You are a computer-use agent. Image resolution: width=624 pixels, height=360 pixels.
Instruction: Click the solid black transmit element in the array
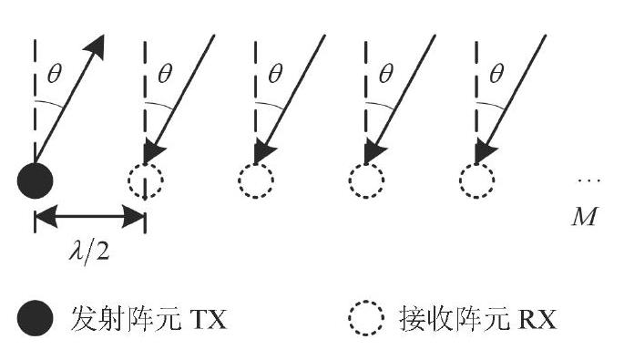pyautogui.click(x=35, y=180)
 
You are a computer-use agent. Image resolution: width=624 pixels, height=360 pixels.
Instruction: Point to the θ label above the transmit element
pyautogui.click(x=55, y=74)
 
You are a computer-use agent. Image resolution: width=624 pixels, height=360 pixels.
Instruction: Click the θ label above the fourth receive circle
pyautogui.click(x=496, y=74)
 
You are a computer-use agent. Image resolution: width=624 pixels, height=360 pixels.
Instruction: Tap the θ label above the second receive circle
pyautogui.click(x=275, y=74)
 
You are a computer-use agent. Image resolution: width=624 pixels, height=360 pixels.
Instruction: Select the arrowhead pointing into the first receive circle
pyautogui.click(x=153, y=151)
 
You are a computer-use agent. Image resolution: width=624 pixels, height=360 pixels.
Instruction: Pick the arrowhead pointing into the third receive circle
pyautogui.click(x=374, y=151)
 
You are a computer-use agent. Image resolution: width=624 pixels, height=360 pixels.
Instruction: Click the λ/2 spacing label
pyautogui.click(x=89, y=252)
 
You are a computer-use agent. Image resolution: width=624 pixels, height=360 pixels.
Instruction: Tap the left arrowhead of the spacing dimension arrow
pyautogui.click(x=46, y=217)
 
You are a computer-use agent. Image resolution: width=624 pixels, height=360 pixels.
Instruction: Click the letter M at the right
pyautogui.click(x=585, y=217)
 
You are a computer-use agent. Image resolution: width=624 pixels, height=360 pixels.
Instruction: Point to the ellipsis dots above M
pyautogui.click(x=589, y=180)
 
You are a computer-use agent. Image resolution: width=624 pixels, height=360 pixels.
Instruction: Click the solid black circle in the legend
pyautogui.click(x=35, y=318)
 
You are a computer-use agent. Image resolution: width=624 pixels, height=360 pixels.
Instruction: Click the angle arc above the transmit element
pyautogui.click(x=50, y=103)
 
